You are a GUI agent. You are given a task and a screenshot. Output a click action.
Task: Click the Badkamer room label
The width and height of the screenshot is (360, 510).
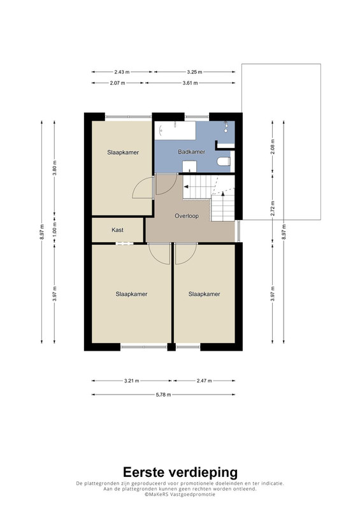tap(192, 152)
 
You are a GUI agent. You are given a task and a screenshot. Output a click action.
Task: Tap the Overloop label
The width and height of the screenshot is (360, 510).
tap(187, 215)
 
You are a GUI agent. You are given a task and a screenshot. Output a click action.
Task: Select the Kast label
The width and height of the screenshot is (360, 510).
tap(117, 230)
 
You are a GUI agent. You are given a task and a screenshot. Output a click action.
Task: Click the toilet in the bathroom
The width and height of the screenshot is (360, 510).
tap(224, 161)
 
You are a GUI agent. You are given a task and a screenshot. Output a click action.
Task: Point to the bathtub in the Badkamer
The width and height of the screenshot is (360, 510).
tap(175, 131)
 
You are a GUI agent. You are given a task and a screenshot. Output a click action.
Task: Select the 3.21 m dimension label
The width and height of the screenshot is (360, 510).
tap(132, 381)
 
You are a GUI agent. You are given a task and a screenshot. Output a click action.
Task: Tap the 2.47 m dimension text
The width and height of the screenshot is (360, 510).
tap(205, 381)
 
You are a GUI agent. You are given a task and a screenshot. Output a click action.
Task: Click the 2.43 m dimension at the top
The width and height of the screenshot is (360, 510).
tap(122, 72)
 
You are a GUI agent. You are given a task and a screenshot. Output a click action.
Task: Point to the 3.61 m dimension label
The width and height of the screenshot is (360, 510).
tap(191, 83)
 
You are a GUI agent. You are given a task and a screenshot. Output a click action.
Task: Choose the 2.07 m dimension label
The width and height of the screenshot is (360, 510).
tap(117, 83)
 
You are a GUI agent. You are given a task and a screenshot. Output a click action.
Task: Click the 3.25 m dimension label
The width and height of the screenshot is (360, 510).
tap(194, 72)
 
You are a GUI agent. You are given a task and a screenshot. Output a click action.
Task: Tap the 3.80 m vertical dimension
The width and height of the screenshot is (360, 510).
tap(55, 168)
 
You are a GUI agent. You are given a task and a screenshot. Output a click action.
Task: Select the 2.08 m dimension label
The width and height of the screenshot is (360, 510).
tap(273, 147)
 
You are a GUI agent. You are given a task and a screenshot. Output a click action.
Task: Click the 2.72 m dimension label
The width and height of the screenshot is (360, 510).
tap(273, 208)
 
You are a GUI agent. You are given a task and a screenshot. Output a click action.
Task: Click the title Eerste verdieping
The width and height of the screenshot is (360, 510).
tap(180, 472)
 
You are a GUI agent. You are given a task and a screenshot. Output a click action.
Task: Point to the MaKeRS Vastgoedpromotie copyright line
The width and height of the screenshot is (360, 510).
tap(180, 494)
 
